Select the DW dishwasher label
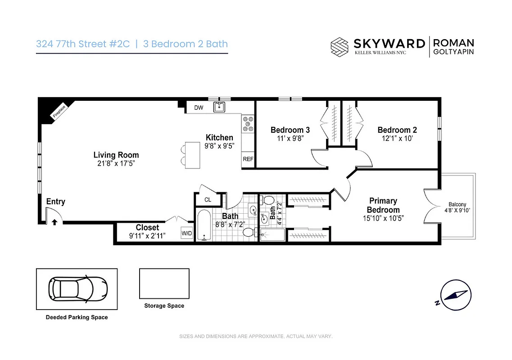[199, 108]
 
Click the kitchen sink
[220, 107]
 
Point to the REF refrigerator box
[248, 159]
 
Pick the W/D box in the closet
[186, 233]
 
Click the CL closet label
[208, 199]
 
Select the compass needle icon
[455, 295]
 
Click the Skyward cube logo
[340, 46]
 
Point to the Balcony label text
[457, 204]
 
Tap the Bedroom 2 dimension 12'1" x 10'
[397, 139]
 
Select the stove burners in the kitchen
[248, 124]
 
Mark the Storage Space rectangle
[164, 283]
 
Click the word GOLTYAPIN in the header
[453, 52]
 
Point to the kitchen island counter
[193, 155]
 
